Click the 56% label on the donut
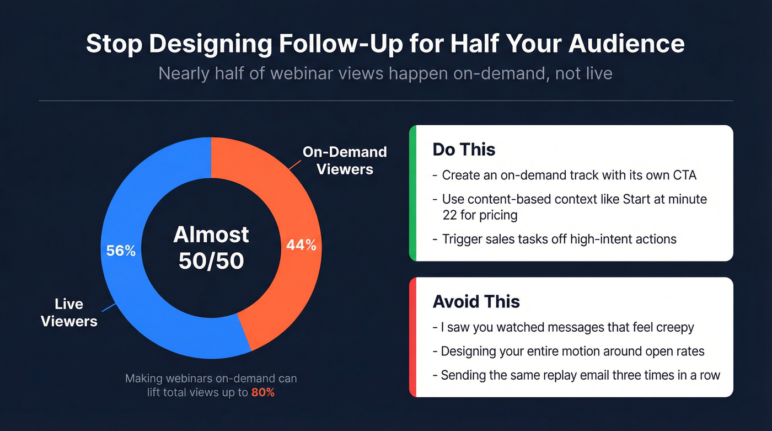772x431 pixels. click(121, 251)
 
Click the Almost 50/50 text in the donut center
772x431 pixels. click(211, 248)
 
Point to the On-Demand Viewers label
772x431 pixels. click(345, 160)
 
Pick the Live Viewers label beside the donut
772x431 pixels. click(69, 312)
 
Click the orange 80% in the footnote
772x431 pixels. click(262, 393)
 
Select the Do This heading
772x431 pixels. click(464, 150)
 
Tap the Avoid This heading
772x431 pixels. click(476, 301)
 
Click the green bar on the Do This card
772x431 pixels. click(412, 193)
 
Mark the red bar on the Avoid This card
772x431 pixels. click(412, 337)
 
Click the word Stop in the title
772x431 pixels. click(113, 44)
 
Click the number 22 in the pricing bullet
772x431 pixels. click(449, 215)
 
